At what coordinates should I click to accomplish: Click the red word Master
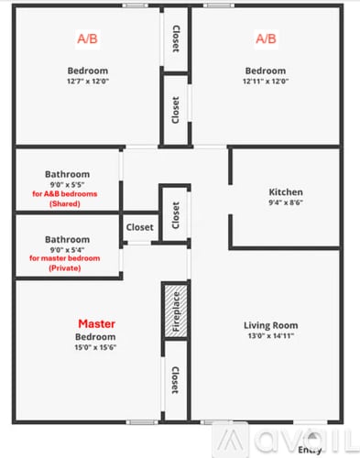96,323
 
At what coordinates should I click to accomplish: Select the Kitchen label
285,192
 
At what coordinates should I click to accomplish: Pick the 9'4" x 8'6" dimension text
285,203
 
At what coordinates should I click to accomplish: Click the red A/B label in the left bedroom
88,38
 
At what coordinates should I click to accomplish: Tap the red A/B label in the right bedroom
265,38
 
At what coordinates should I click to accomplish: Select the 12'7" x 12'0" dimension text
87,82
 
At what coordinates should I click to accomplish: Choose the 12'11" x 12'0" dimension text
266,82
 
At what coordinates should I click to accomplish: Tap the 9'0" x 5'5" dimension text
68,184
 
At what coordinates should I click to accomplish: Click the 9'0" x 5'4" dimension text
68,248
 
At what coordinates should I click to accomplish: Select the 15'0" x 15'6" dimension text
95,348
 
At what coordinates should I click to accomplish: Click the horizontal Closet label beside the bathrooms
140,227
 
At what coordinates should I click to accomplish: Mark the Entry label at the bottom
311,449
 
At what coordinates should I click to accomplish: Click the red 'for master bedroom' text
68,258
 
